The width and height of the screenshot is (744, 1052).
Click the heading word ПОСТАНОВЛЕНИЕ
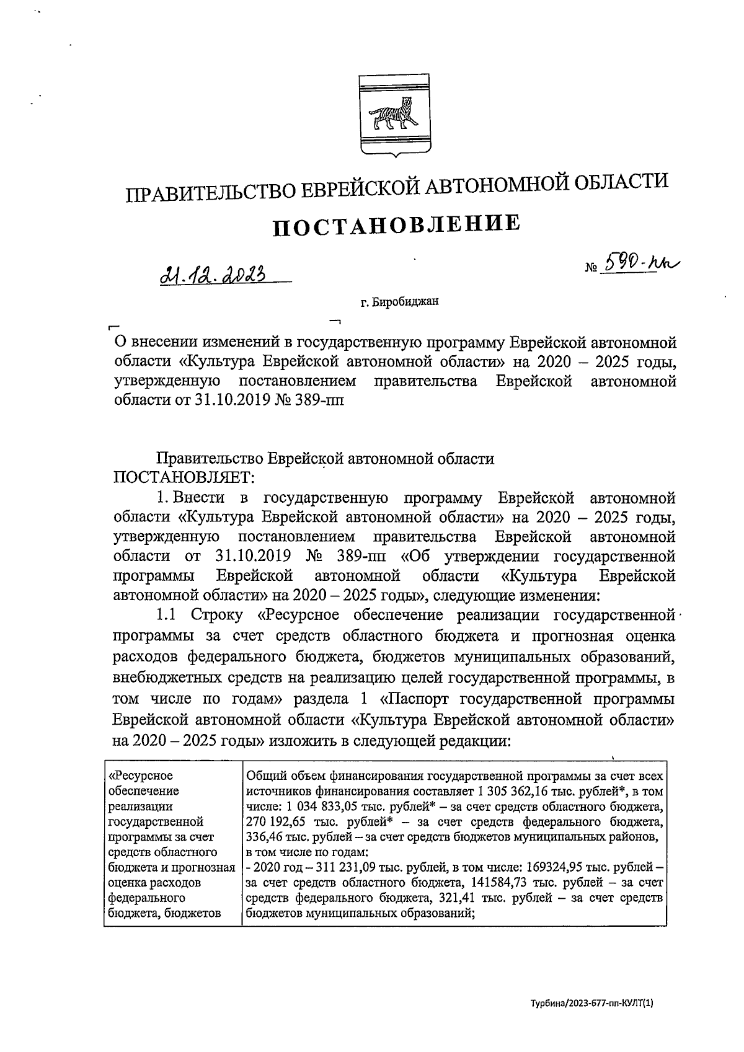(x=396, y=224)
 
